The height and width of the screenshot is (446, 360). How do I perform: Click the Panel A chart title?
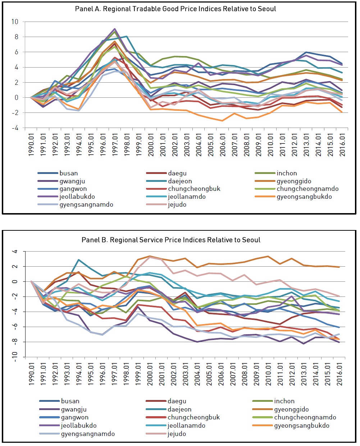(176, 9)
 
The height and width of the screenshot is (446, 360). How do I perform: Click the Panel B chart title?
(171, 240)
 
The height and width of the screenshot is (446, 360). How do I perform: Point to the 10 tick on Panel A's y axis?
(15, 22)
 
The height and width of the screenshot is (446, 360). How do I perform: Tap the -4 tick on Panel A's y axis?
(15, 128)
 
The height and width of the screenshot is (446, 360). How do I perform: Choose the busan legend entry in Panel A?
(58, 173)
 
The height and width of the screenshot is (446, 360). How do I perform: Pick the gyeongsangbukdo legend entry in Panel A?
(293, 197)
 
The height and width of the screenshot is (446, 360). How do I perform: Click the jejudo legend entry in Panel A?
(166, 204)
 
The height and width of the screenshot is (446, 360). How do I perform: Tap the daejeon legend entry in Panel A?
(169, 181)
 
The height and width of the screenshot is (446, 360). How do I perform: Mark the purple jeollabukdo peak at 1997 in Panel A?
(115, 29)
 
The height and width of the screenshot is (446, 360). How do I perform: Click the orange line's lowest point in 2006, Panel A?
(222, 121)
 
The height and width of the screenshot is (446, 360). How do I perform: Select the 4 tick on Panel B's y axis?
(14, 252)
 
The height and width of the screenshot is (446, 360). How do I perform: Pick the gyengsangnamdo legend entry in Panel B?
(77, 434)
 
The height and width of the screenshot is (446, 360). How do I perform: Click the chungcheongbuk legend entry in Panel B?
(183, 417)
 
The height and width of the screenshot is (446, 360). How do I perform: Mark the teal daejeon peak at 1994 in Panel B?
(79, 260)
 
